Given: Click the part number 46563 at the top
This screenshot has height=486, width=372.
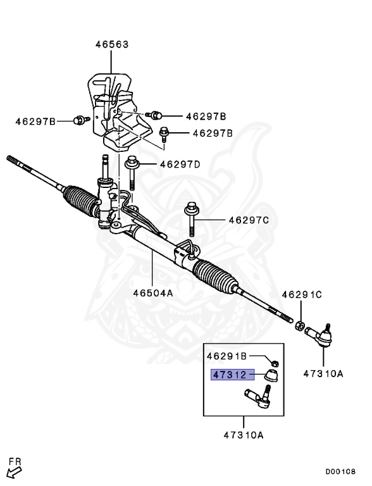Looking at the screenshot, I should tap(112, 45).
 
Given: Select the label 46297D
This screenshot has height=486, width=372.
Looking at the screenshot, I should tap(180, 165).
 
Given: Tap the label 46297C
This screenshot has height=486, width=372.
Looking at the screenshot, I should tap(249, 220).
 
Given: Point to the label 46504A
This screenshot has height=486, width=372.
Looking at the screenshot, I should tap(153, 293).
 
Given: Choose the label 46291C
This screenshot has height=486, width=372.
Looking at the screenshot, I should tap(302, 294).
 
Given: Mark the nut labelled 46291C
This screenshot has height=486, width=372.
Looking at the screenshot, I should tap(302, 325).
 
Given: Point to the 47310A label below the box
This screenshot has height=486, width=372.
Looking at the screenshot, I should tap(243, 435).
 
